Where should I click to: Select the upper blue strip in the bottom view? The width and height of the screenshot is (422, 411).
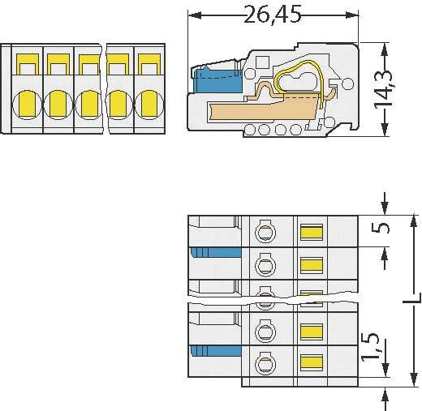pyautogui.click(x=217, y=253)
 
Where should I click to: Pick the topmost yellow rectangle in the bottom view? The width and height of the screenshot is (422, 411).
pyautogui.click(x=310, y=233)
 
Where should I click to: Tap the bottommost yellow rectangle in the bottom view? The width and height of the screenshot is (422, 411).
pyautogui.click(x=310, y=362)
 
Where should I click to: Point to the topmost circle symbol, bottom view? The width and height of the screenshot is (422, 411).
pyautogui.click(x=265, y=233)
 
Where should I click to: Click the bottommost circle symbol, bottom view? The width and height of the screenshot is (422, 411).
pyautogui.click(x=265, y=362)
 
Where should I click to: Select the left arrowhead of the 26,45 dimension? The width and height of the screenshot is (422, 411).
pyautogui.click(x=194, y=15)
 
